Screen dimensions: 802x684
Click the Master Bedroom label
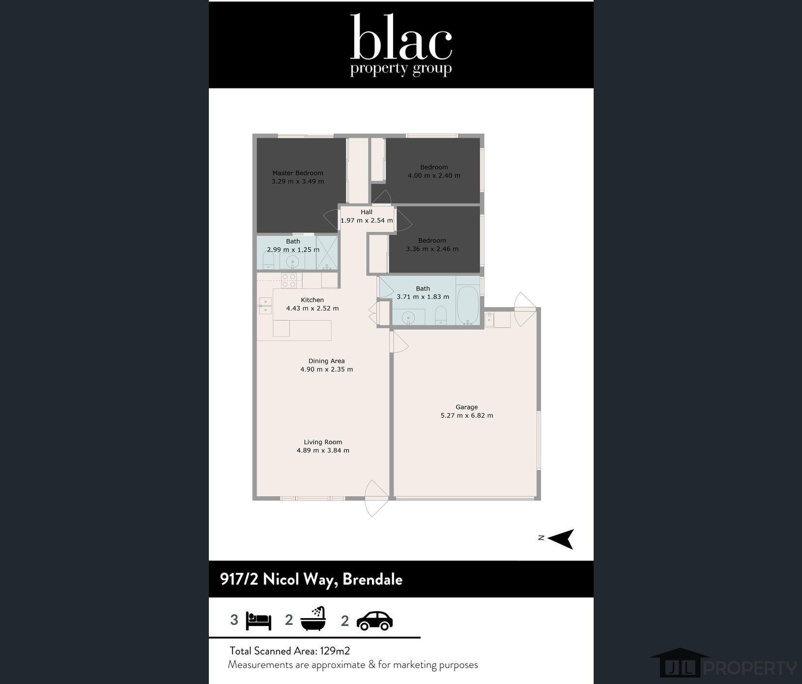[298, 173]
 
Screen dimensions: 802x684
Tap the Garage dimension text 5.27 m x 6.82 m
[467, 416]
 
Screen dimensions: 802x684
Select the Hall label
[367, 212]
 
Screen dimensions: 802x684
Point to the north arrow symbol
[561, 539]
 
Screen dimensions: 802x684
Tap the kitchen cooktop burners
[289, 281]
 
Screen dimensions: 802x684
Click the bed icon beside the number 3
[258, 621]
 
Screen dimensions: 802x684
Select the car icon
[374, 621]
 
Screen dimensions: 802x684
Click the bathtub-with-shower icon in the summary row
[313, 618]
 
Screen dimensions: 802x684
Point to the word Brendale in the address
[372, 579]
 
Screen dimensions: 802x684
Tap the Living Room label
[323, 442]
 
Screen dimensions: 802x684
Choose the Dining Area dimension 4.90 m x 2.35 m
[327, 370]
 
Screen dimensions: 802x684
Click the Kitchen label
[313, 300]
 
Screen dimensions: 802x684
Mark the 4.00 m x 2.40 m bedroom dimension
[434, 176]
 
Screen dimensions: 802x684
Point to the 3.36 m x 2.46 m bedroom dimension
[432, 249]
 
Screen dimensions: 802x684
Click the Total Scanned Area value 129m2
[335, 651]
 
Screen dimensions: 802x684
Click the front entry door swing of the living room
[377, 498]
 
